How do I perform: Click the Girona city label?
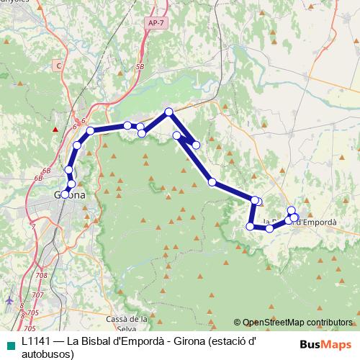(70, 195)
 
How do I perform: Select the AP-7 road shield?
(154, 23)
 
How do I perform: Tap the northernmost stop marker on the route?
(168, 112)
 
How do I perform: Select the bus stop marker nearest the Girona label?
(66, 194)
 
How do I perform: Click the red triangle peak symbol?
(55, 130)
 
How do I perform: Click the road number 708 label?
(40, 276)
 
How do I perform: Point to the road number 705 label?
(29, 328)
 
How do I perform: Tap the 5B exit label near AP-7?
(140, 66)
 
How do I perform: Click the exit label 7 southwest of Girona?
(34, 226)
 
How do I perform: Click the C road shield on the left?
(58, 66)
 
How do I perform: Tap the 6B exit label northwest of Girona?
(47, 171)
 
